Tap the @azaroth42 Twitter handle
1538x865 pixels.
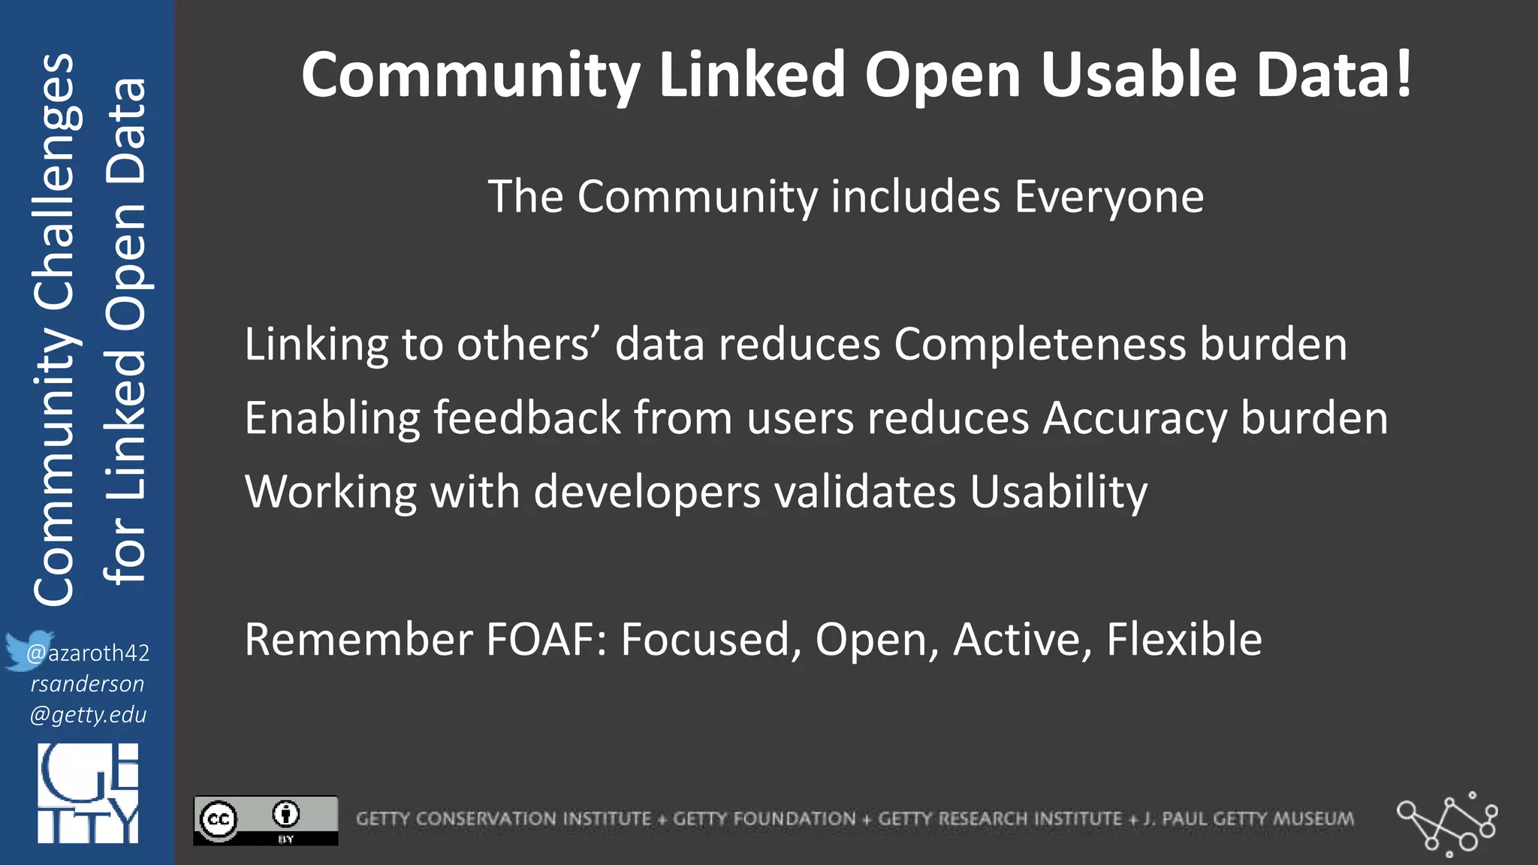coord(89,653)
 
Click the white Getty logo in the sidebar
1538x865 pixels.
coord(88,793)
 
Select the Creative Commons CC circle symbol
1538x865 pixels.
coord(219,819)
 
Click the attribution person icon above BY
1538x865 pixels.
coord(286,813)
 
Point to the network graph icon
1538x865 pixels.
coord(1446,824)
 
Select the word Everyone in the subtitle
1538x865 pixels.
coord(1109,197)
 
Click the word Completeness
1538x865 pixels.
coord(1040,345)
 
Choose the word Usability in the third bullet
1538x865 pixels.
coord(1058,493)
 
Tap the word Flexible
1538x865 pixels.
coord(1184,640)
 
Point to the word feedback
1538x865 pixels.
coord(527,418)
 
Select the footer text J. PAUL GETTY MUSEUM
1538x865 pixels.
coord(1250,818)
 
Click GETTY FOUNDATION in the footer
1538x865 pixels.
coord(764,818)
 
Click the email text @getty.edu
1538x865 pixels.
coord(88,714)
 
